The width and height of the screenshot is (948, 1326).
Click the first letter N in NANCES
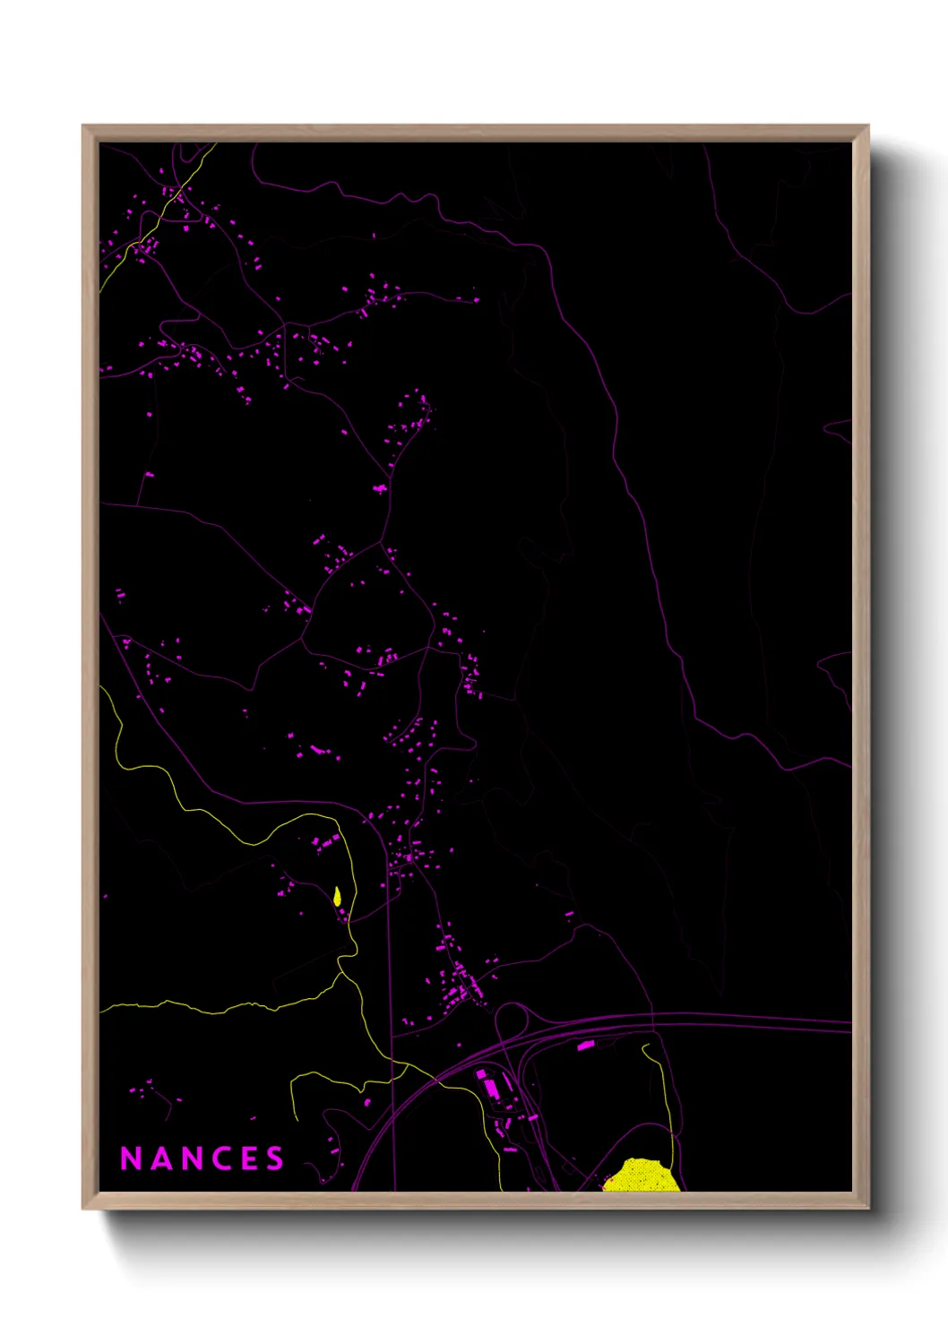click(x=131, y=1158)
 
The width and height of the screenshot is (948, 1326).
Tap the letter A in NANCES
click(x=161, y=1158)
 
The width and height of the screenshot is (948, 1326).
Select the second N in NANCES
click(x=192, y=1158)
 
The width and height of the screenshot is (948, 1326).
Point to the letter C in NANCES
click(x=222, y=1158)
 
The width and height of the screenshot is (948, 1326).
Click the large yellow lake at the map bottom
click(x=642, y=1175)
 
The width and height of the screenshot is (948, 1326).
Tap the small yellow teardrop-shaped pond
click(x=337, y=896)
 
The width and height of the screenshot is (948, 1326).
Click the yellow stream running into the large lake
click(x=666, y=1102)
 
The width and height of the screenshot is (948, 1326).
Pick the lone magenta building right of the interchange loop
click(x=585, y=1045)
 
